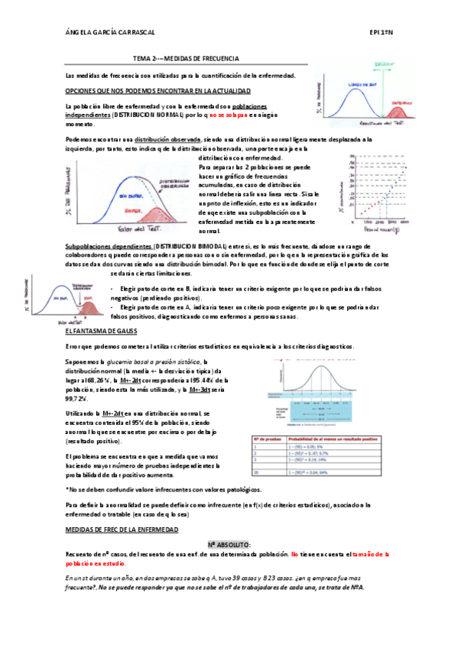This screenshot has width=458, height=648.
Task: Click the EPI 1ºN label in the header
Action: [x=380, y=34]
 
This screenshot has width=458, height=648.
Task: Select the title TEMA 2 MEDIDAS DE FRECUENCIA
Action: [x=186, y=58]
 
